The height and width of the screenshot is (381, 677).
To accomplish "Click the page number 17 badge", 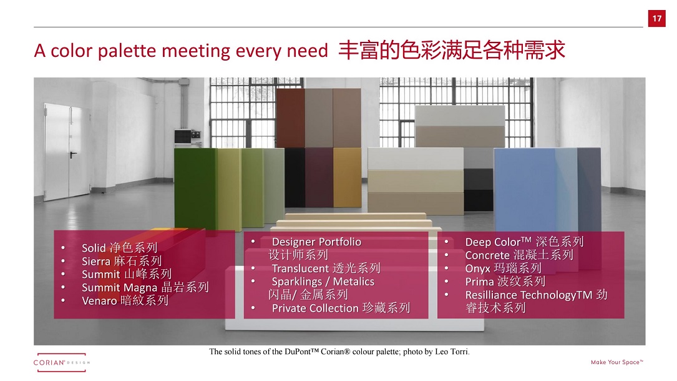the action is (x=656, y=19).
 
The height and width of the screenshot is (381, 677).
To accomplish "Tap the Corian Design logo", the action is (x=61, y=362).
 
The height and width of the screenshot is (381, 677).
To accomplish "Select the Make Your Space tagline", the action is (x=617, y=362).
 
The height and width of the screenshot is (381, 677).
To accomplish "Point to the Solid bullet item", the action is (x=120, y=247).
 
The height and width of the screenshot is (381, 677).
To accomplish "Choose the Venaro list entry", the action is (x=125, y=300).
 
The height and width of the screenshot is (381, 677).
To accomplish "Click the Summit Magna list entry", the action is (x=145, y=287).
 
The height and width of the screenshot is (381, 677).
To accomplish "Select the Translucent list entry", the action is (x=326, y=268).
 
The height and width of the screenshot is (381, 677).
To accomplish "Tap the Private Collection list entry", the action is (x=341, y=308).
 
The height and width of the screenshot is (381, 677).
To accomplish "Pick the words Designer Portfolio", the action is (x=316, y=242).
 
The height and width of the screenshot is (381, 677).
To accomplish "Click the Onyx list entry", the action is (x=503, y=268).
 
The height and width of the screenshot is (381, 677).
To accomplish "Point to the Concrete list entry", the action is (x=519, y=255).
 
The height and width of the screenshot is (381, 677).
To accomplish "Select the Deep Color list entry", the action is (x=524, y=242).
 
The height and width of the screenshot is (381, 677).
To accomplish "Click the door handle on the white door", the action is (x=73, y=154).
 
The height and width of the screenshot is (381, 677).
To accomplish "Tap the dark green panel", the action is (x=196, y=189).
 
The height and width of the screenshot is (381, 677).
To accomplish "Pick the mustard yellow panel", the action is (x=347, y=177).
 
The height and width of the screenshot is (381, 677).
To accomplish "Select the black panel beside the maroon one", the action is (x=295, y=177).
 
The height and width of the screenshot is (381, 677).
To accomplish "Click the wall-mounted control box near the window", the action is (x=187, y=137).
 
